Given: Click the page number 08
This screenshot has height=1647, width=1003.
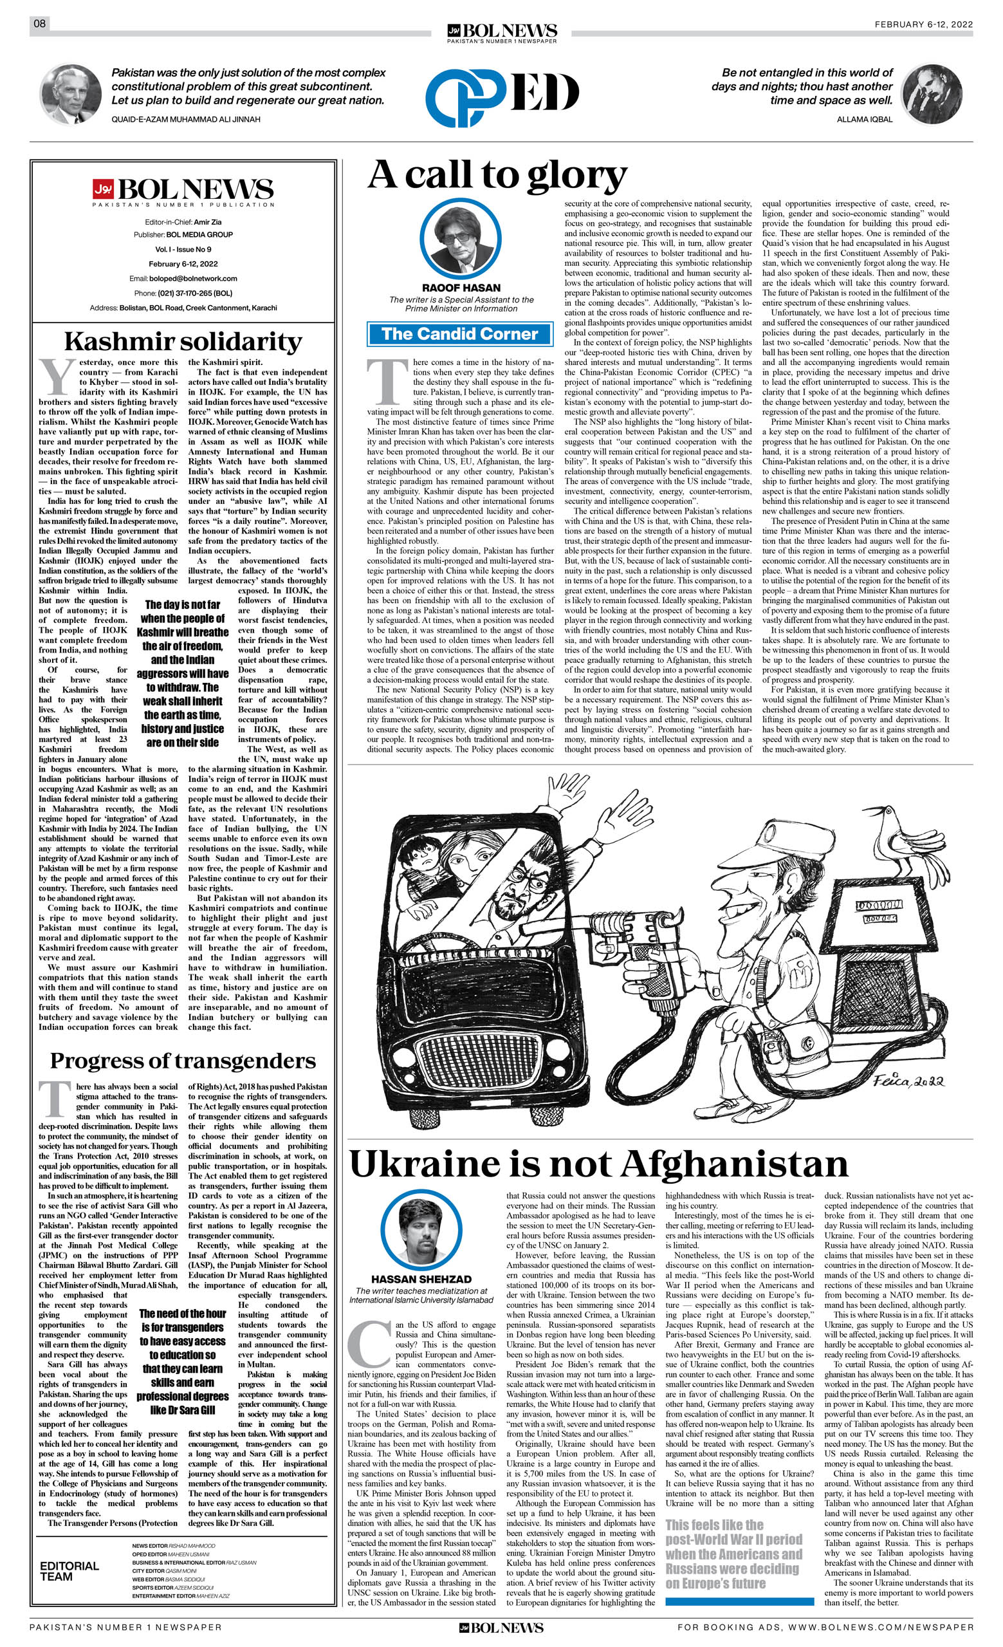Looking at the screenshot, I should click(39, 24).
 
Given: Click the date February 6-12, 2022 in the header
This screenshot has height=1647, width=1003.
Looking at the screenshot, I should click(923, 24).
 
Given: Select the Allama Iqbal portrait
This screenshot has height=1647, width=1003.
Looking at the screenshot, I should click(932, 94).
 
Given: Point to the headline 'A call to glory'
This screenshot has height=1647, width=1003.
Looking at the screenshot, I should click(497, 175).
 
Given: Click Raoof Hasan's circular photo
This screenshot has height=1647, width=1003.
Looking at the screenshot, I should click(461, 239).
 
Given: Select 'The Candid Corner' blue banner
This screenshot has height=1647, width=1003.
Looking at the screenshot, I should click(460, 334).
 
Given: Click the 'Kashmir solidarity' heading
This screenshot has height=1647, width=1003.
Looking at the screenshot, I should click(183, 342).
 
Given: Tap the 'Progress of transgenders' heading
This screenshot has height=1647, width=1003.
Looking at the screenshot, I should click(183, 1061).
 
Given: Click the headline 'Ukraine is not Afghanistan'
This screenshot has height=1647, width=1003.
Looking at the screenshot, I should click(598, 1164).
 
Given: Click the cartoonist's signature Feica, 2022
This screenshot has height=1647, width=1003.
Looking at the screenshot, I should click(908, 1081).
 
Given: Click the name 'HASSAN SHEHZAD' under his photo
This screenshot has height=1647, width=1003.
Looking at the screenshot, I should click(421, 1279).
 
